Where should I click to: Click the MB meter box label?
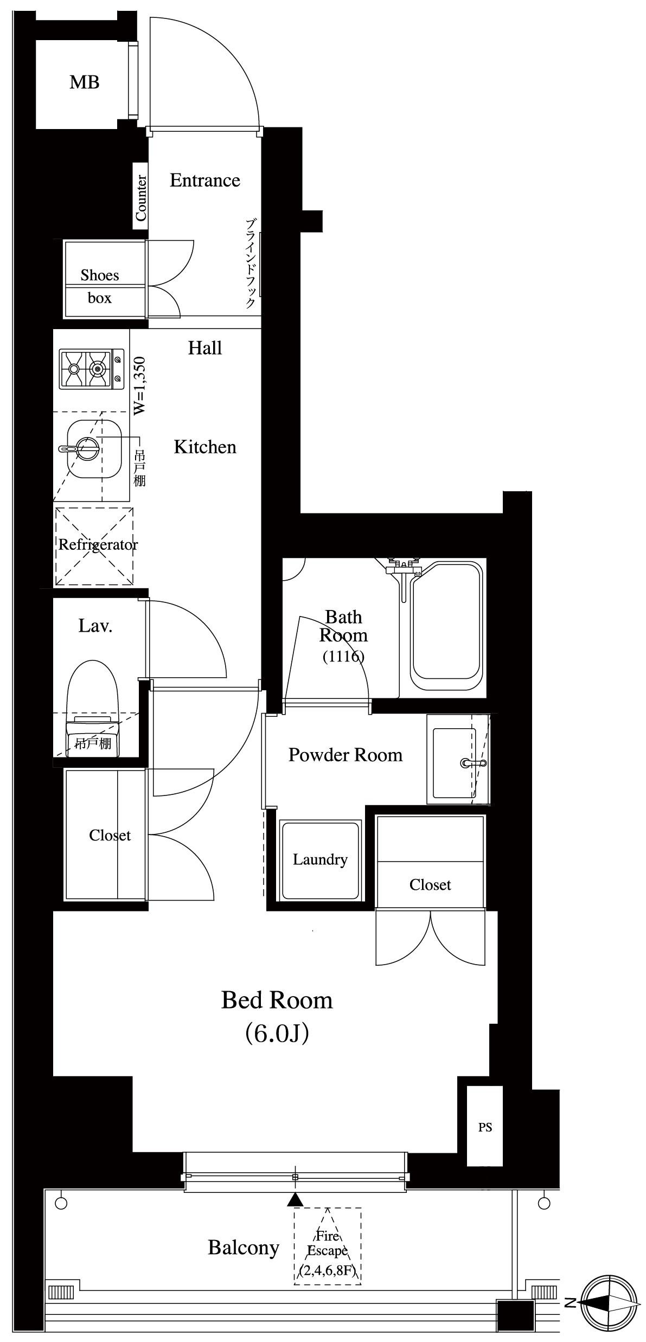coord(84,82)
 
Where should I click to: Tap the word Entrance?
coord(204,180)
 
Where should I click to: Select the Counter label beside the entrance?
coord(140,198)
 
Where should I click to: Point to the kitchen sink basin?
coord(93,448)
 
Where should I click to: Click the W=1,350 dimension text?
coord(140,386)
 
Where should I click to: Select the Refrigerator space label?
coord(98,544)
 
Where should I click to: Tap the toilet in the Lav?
coord(92,705)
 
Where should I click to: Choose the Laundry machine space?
coord(319,860)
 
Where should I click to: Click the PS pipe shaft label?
coord(485,1127)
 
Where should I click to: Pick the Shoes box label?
coord(100,286)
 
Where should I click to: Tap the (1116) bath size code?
coord(343,657)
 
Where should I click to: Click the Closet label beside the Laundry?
coord(430,885)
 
